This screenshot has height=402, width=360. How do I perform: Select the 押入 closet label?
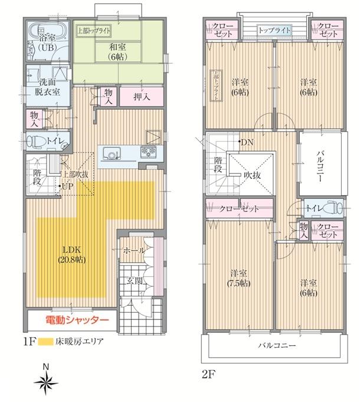point(141,96)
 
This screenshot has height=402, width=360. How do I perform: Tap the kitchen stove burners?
point(147,153)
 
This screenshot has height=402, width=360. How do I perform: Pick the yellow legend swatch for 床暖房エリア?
point(44,342)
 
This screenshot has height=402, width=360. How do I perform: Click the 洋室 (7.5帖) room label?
point(239,277)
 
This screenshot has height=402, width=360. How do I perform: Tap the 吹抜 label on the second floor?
point(251,175)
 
